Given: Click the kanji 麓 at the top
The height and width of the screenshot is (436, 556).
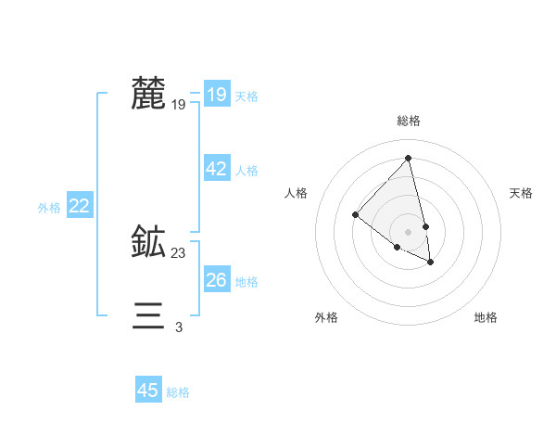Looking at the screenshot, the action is [148, 95].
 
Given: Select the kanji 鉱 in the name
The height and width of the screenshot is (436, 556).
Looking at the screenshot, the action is [148, 243].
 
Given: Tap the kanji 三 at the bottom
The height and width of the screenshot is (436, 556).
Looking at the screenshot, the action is [148, 316].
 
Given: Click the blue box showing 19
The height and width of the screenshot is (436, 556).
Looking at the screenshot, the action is [216, 95].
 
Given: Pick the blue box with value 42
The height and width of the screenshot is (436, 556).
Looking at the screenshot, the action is [216, 169].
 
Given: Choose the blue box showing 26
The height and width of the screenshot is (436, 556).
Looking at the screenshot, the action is [216, 280].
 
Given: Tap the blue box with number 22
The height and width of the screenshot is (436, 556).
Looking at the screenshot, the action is [79, 206].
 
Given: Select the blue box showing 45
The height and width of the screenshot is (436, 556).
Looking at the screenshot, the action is [148, 391].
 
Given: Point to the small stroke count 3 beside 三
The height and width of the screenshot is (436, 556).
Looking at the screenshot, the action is [179, 327].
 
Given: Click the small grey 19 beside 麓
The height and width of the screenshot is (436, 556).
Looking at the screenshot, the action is [179, 105].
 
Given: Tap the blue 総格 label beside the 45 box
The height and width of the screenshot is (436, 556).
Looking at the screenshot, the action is [178, 392].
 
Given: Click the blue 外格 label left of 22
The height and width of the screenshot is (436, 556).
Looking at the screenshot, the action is [49, 208].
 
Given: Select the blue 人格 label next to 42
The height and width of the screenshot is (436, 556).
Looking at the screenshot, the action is [246, 171].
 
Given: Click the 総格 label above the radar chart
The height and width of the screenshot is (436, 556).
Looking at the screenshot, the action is [409, 121].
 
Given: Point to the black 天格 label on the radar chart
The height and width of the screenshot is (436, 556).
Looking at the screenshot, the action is [521, 193].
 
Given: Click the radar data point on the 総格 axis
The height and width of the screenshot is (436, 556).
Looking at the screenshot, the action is [409, 158].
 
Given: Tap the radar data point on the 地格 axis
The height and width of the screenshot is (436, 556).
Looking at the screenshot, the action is [431, 262].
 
